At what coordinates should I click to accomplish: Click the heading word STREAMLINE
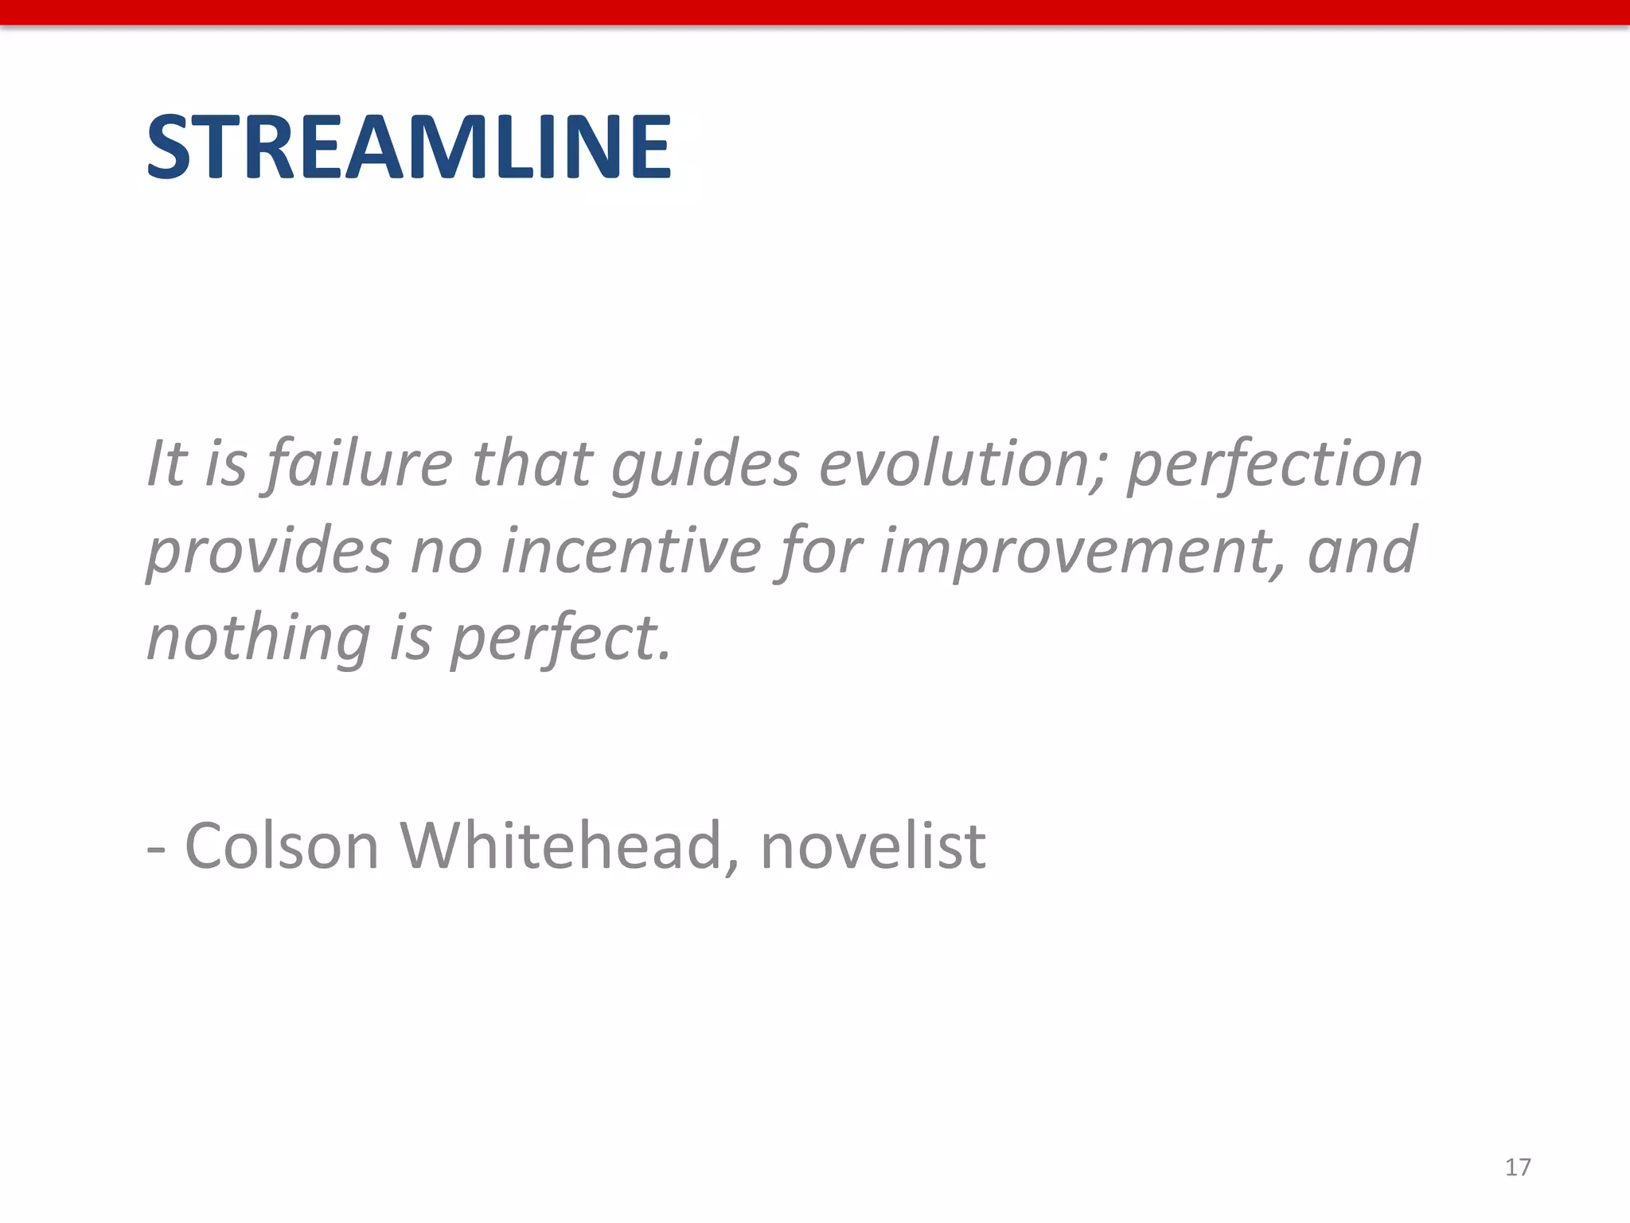point(409,147)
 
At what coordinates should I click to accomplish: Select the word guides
point(705,464)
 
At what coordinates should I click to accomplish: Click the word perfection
point(1274,464)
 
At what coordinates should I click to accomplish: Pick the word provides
point(269,552)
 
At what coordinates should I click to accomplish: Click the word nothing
point(259,639)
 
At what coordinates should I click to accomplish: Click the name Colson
point(282,846)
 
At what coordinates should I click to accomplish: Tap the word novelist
point(873,846)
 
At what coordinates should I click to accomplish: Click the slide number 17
point(1518,1167)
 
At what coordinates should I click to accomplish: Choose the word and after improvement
point(1362,550)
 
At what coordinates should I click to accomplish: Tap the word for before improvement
point(820,552)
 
